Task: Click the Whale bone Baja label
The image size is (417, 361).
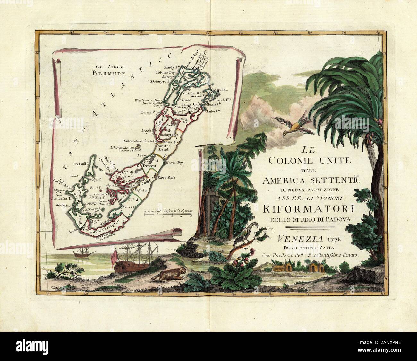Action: pyautogui.click(x=147, y=100)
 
